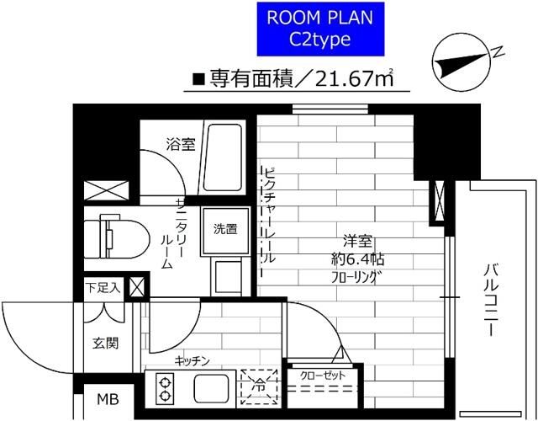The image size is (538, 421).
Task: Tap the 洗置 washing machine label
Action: point(224,228)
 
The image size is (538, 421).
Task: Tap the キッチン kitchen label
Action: point(192,361)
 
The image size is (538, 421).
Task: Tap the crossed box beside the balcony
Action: point(439,203)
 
